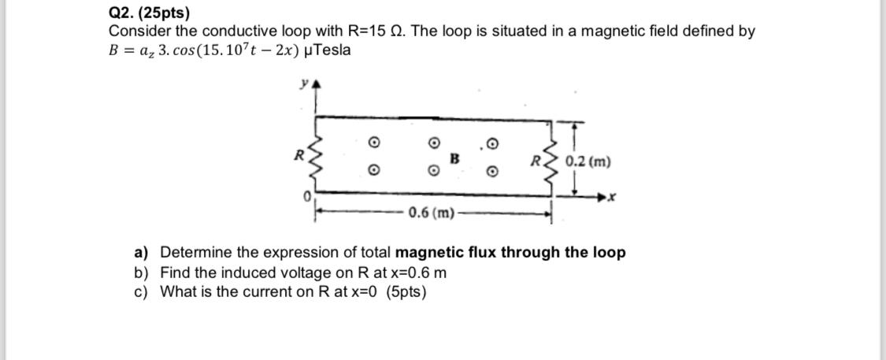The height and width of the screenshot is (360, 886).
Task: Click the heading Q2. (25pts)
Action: click(149, 13)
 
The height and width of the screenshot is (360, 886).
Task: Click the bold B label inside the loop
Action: click(454, 158)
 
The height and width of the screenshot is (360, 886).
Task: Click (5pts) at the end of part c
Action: click(406, 291)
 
